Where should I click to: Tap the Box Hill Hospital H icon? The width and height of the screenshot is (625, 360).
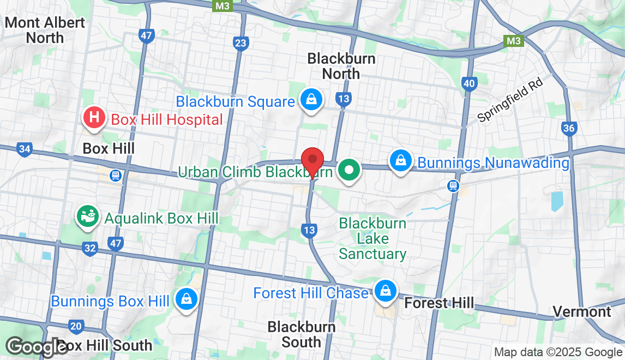coord(94,117)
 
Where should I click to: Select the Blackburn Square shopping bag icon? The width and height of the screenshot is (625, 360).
coord(310,100)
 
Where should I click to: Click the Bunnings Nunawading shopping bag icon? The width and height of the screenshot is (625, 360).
coord(401,161)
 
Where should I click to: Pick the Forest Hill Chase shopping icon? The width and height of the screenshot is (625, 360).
coord(385,291)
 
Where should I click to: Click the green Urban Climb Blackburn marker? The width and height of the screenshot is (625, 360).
coord(348,171)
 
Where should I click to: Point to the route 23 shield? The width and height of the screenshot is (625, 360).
coord(241,44)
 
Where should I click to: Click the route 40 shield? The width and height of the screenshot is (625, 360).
coord(468,83)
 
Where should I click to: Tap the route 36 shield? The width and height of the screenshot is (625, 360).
coord(569,128)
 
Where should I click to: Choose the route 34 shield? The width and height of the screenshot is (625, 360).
coord(24,149)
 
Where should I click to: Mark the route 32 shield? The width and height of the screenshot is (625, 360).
coord(90,249)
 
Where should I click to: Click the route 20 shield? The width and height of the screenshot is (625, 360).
coord(76,327)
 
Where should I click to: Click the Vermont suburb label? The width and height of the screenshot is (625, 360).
coord(582,311)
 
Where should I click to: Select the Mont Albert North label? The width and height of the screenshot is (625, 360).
coord(45,30)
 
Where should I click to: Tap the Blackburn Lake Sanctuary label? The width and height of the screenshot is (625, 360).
coord(372,238)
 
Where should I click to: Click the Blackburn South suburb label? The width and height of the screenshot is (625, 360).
coord(301,334)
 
